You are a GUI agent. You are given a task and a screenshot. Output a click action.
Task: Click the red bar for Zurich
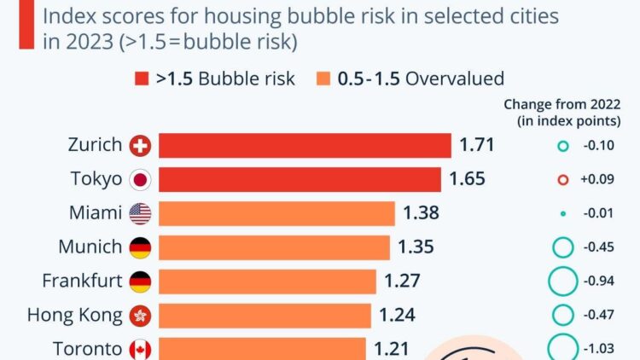click(305, 146)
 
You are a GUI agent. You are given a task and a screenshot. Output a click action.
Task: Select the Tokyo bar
click(300, 180)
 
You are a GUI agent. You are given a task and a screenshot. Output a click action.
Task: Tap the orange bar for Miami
click(276, 213)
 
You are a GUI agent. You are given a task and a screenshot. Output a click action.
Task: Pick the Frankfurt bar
click(267, 282)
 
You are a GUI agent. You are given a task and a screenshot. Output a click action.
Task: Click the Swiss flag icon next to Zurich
click(140, 146)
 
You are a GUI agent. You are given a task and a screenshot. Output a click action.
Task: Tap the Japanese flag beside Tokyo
click(140, 180)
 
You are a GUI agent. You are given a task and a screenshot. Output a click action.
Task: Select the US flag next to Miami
click(140, 213)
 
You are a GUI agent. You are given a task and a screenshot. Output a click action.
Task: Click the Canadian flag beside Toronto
click(140, 349)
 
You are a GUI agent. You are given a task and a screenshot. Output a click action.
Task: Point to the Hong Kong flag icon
click(140, 316)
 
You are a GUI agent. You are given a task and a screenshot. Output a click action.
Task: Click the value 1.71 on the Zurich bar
click(477, 146)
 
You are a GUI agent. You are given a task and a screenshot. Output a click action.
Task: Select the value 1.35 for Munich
click(416, 247)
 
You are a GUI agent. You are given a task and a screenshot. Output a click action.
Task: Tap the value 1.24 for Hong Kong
click(397, 316)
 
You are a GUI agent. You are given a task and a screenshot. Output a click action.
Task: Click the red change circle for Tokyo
click(561, 180)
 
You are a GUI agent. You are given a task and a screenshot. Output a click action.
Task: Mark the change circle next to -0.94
click(561, 282)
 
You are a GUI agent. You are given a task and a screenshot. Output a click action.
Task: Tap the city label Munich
click(90, 247)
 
